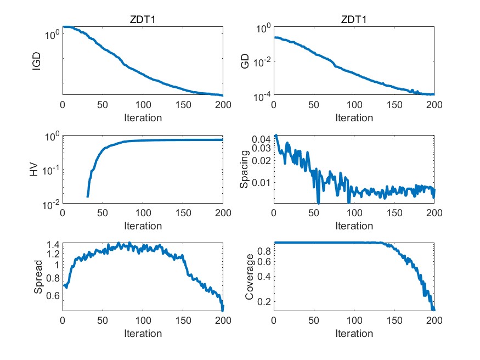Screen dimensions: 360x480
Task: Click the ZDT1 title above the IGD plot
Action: [143, 20]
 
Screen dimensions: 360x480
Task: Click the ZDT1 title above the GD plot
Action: [354, 20]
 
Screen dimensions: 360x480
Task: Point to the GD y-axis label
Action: [246, 61]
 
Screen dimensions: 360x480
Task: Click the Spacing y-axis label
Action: [246, 170]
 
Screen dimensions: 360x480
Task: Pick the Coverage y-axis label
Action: [249, 278]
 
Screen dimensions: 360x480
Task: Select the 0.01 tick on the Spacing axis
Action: [261, 182]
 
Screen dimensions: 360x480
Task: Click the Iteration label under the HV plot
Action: [143, 226]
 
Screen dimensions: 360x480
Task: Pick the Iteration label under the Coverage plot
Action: [354, 333]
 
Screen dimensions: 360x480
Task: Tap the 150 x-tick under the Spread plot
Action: [183, 320]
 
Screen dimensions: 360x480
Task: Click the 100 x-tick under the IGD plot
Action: [143, 104]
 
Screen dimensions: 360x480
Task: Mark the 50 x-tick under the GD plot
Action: [313, 104]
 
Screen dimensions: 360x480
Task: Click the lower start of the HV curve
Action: [88, 196]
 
